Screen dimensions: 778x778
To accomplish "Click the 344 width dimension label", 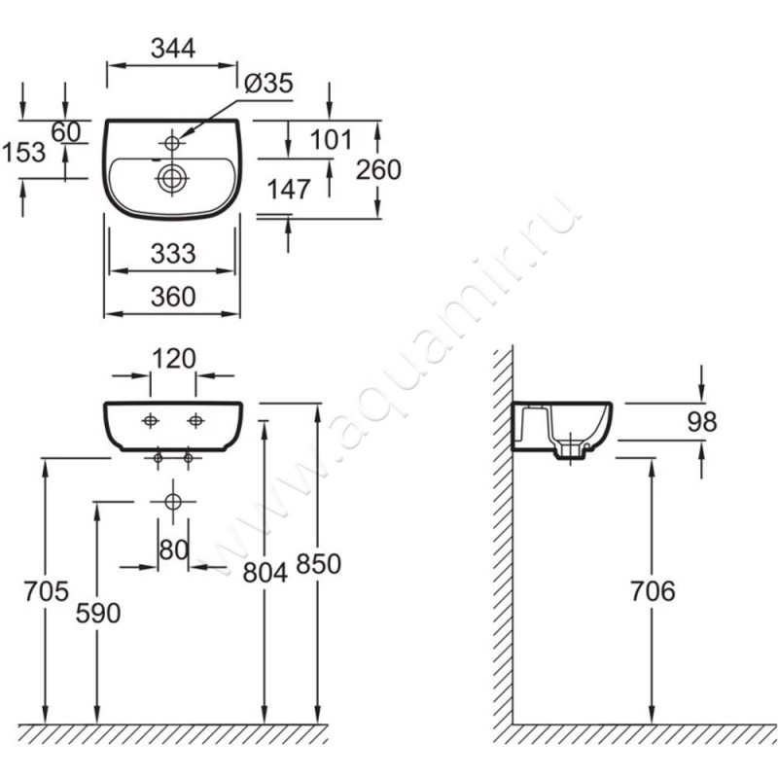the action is point(173,49).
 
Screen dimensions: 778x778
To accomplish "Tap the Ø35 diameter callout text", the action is point(269,83).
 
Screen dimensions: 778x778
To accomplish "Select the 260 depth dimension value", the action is point(378,169).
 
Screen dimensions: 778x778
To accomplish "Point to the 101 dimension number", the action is point(331,139).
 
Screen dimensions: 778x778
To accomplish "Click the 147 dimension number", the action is point(289,189).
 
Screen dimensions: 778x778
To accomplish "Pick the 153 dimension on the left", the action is point(23,152).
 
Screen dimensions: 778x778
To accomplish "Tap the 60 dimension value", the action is point(65,132).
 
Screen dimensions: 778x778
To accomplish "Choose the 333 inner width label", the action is point(173,254).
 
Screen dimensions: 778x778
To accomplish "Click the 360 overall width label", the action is point(173,297).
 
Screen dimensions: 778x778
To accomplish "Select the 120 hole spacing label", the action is point(174,359).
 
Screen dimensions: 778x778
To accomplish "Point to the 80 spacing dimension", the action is point(174,549).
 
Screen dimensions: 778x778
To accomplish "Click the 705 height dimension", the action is point(46,591).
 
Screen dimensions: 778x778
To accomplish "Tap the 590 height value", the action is point(98,614).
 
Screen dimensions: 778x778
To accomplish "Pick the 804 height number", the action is point(265,573).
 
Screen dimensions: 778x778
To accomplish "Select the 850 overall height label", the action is point(319,564).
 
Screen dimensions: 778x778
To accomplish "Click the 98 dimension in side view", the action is point(702,422).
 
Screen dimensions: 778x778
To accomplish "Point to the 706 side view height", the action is point(653,591).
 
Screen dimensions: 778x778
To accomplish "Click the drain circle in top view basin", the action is point(172,178).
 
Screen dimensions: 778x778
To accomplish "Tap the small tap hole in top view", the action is point(172,143).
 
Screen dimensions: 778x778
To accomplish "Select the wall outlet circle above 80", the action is point(173,502).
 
